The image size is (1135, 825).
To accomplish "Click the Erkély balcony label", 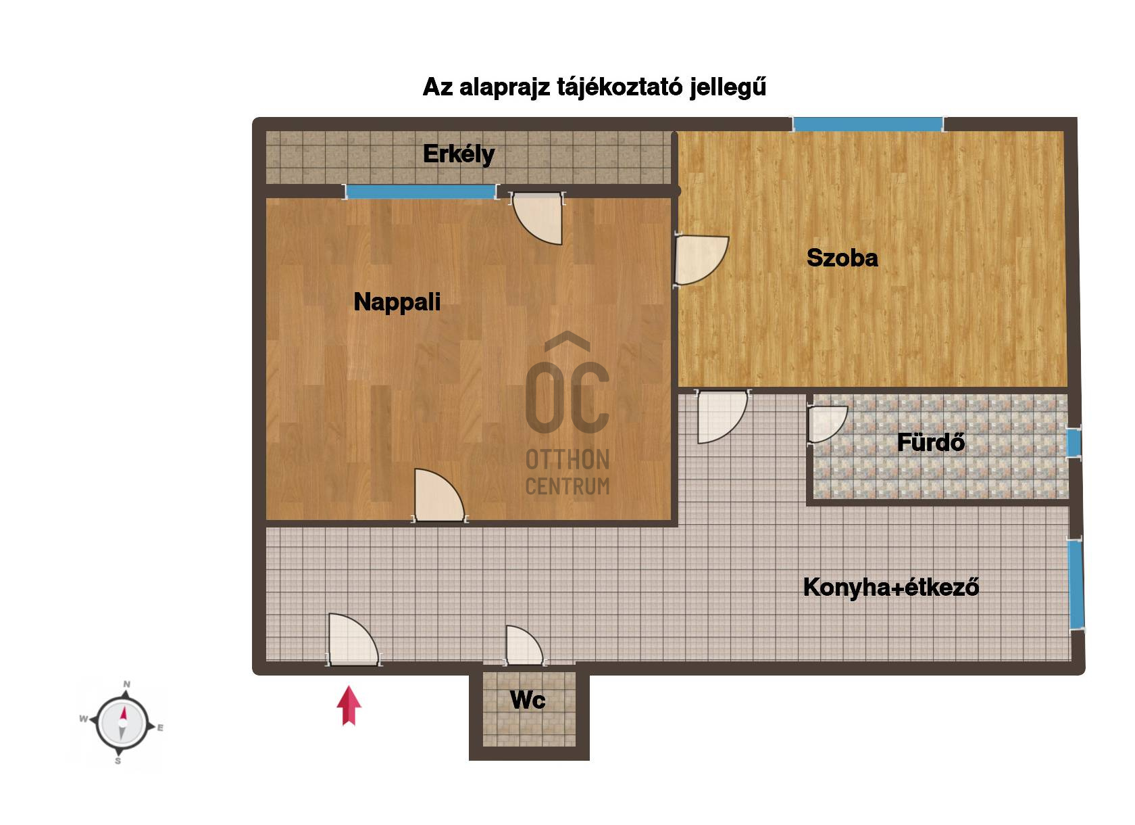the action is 459,154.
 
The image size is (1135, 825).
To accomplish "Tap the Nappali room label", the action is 397,302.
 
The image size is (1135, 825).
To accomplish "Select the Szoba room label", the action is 842,258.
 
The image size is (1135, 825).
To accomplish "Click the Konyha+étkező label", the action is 891,587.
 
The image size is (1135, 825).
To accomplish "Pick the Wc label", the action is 528,701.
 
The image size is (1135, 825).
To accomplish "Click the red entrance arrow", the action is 349,705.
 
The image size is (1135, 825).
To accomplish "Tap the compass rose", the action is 122,723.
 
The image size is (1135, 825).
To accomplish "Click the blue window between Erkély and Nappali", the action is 421,191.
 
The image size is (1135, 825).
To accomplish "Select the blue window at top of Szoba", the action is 867,124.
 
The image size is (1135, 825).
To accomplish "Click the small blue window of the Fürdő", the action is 1074,443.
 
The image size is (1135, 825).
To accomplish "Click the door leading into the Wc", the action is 524,646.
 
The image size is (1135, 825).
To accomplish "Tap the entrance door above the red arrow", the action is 354,639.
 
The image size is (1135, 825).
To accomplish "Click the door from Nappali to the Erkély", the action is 537,218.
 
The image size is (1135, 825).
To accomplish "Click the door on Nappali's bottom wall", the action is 439,495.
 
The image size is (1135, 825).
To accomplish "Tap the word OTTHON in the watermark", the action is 567,460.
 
